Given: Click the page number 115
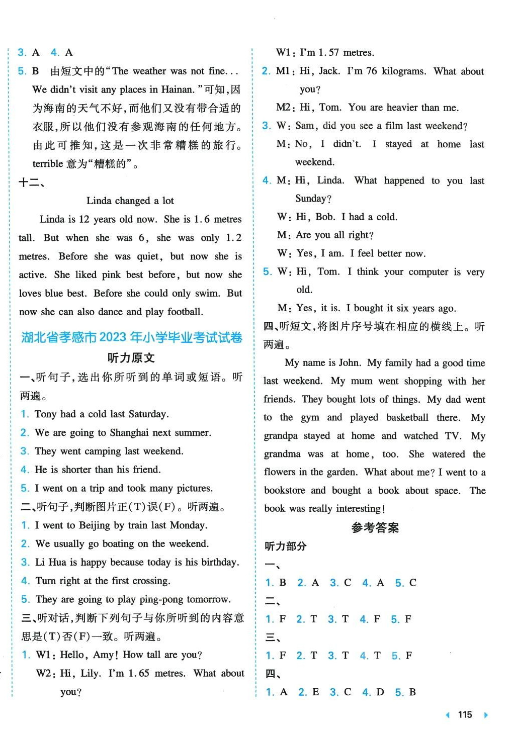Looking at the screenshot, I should (465, 714).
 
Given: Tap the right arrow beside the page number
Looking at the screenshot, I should (485, 715).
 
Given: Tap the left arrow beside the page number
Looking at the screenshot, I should (448, 715).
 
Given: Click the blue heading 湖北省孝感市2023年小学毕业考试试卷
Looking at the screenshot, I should (132, 337).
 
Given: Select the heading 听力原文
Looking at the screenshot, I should (131, 358).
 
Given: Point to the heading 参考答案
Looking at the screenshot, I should (375, 527).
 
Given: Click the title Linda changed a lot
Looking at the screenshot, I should (130, 201).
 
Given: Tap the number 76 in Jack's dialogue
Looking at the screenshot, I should (371, 71).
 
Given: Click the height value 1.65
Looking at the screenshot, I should (139, 673).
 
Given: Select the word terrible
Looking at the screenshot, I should (48, 164).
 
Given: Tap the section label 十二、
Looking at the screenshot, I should (31, 182).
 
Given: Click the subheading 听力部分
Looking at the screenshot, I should (285, 546).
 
